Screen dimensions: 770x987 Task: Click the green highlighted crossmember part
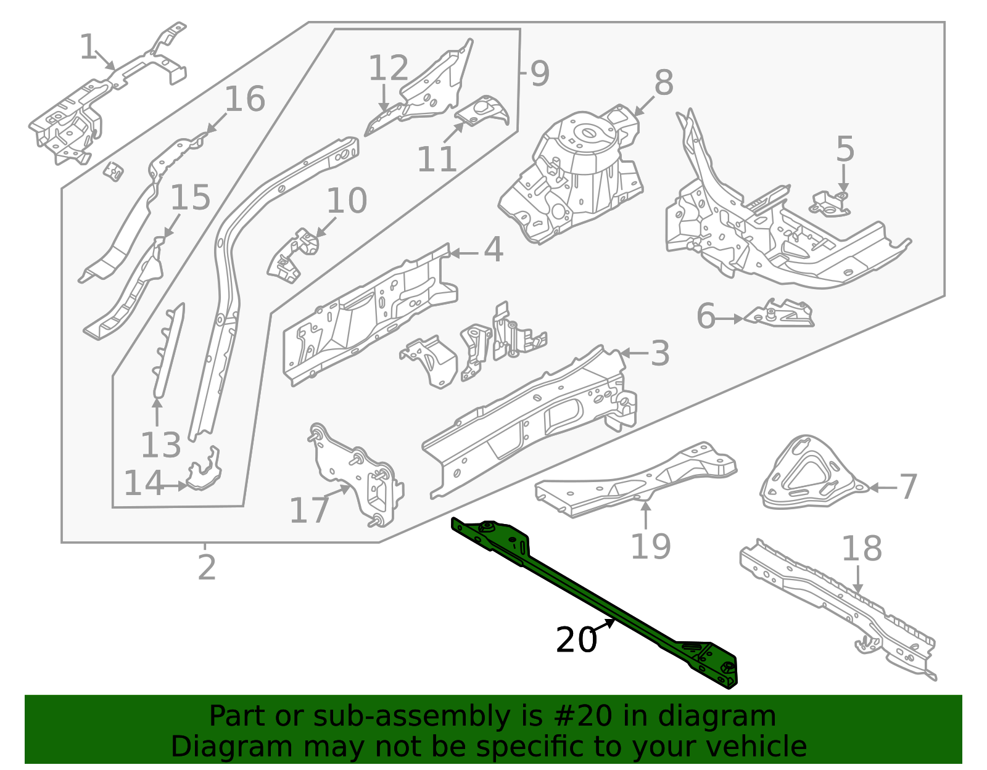point(592,601)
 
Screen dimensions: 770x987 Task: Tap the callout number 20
point(576,641)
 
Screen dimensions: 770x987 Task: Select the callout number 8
point(664,83)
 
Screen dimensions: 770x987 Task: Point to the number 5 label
point(845,150)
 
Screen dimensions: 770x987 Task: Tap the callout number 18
point(862,549)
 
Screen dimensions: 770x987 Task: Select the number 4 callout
point(493,250)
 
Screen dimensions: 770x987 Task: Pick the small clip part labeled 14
point(204,472)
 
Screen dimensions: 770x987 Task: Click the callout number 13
point(160,445)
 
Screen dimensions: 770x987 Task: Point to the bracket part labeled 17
point(358,475)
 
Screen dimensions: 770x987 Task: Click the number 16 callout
point(244,99)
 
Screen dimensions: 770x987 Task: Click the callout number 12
point(388,68)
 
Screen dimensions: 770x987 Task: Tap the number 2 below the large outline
point(207,568)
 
